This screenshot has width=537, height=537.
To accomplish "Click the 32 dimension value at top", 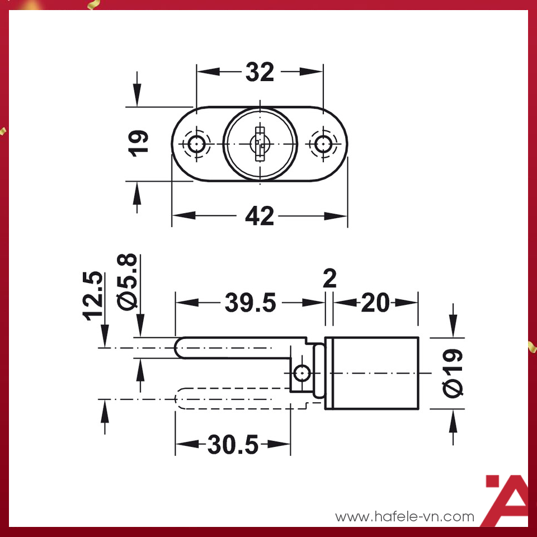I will pyautogui.click(x=260, y=72).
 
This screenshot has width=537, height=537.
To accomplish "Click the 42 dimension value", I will pyautogui.click(x=260, y=216).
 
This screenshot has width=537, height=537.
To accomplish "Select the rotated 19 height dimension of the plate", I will pyautogui.click(x=140, y=144).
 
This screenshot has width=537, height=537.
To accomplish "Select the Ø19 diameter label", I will pyautogui.click(x=454, y=373).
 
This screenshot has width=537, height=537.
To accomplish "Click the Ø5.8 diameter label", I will pyautogui.click(x=128, y=281).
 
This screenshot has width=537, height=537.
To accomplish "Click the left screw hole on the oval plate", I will pyautogui.click(x=196, y=144).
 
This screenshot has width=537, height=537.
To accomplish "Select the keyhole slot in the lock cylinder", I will pyautogui.click(x=259, y=144).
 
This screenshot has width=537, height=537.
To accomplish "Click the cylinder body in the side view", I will pyautogui.click(x=372, y=373).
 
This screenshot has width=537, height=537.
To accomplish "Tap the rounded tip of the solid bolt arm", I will pyautogui.click(x=180, y=347).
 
